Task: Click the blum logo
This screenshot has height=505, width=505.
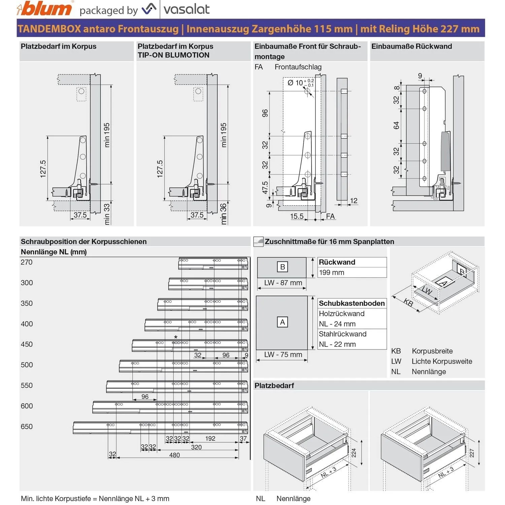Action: pyautogui.click(x=44, y=9)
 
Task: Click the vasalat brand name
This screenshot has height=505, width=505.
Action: pyautogui.click(x=187, y=9)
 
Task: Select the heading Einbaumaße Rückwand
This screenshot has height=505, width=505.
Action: pyautogui.click(x=411, y=46)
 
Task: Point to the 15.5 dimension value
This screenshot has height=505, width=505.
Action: pyautogui.click(x=297, y=216)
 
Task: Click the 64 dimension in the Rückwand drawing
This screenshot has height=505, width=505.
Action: pyautogui.click(x=396, y=126)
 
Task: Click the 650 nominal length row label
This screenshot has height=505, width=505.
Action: pyautogui.click(x=27, y=427)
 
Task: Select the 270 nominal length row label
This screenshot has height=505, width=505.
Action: pyautogui.click(x=27, y=262)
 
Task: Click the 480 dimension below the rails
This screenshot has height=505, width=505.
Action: pyautogui.click(x=174, y=455)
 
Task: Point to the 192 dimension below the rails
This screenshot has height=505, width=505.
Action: pyautogui.click(x=210, y=438)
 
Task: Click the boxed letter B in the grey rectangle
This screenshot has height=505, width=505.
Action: pyautogui.click(x=282, y=267)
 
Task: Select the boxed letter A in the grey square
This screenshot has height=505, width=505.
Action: pyautogui.click(x=282, y=322)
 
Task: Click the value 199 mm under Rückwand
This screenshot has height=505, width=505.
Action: pyautogui.click(x=332, y=272)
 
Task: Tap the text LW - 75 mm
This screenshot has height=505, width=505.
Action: pyautogui.click(x=283, y=355)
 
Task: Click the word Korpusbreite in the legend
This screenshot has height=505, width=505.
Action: pyautogui.click(x=432, y=351)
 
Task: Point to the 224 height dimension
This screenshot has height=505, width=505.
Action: pyautogui.click(x=354, y=453)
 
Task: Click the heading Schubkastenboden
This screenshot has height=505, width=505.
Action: pyautogui.click(x=352, y=303)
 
